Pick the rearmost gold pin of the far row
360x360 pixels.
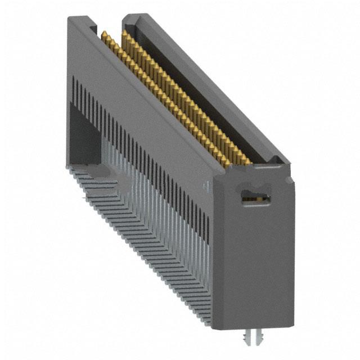tap(124, 35)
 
